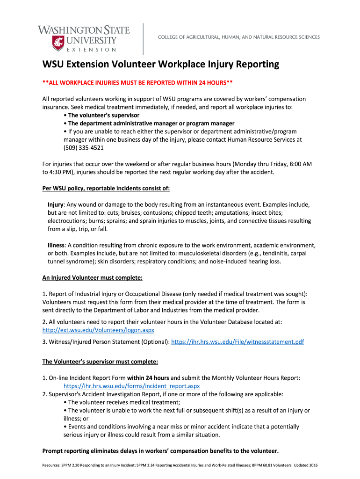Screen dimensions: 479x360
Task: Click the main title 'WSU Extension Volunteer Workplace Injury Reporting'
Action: click(x=160, y=64)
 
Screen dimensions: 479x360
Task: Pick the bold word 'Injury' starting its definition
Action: click(x=56, y=205)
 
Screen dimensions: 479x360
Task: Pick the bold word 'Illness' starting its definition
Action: click(x=57, y=245)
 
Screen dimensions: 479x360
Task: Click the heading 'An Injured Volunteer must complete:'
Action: click(x=92, y=278)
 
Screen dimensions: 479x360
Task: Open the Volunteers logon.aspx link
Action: click(x=98, y=330)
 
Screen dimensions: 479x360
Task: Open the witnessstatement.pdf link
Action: click(x=238, y=342)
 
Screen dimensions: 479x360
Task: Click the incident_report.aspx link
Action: click(x=131, y=386)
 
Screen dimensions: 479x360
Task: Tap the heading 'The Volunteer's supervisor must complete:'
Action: click(x=100, y=362)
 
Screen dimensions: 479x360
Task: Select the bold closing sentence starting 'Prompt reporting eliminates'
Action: click(x=160, y=451)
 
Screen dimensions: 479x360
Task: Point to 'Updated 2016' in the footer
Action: click(x=306, y=466)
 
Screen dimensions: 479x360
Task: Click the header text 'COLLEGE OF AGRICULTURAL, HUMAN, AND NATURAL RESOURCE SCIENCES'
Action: click(x=238, y=37)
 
